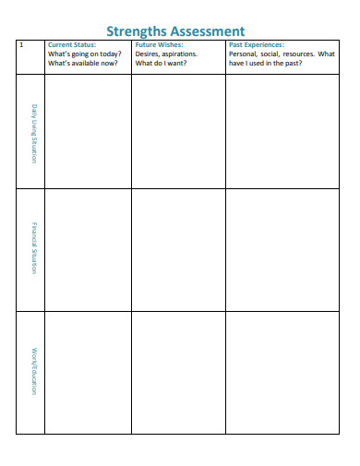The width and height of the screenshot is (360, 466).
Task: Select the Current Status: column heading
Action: click(x=71, y=44)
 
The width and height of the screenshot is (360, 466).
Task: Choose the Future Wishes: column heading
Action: click(x=159, y=44)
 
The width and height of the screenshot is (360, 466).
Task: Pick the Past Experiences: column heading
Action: click(x=257, y=44)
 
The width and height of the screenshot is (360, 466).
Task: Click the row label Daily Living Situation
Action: click(x=34, y=133)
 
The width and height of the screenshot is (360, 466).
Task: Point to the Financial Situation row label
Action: click(x=34, y=250)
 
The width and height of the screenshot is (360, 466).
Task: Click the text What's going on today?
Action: click(x=84, y=54)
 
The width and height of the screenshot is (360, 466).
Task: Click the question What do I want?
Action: click(x=162, y=63)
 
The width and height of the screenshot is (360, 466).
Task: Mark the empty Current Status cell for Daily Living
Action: click(x=87, y=132)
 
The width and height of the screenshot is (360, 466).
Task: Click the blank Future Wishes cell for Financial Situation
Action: click(x=178, y=250)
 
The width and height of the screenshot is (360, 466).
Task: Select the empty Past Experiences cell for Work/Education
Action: click(x=282, y=371)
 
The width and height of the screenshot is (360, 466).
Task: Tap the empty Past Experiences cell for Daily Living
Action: click(x=282, y=132)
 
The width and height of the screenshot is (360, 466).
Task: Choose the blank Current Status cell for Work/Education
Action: click(x=87, y=371)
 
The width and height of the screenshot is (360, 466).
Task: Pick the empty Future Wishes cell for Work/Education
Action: click(x=178, y=371)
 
